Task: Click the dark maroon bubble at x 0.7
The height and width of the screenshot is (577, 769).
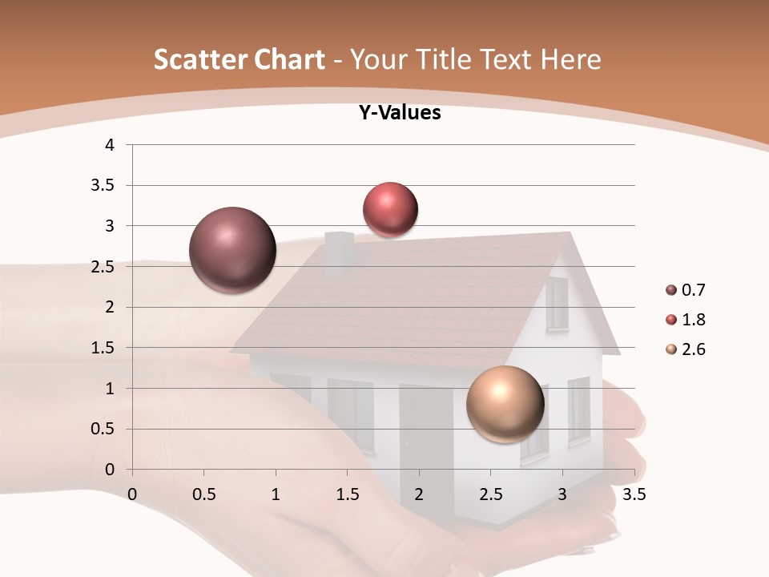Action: pyautogui.click(x=232, y=250)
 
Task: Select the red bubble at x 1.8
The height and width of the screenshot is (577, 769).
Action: pyautogui.click(x=390, y=210)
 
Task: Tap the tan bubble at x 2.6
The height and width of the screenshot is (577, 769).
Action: pyautogui.click(x=505, y=404)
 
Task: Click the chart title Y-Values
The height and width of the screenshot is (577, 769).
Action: pyautogui.click(x=399, y=113)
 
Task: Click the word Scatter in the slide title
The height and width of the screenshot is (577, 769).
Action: pyautogui.click(x=201, y=59)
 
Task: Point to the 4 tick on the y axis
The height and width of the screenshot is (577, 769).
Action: pyautogui.click(x=110, y=145)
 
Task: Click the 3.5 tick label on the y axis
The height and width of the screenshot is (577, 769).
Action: pyautogui.click(x=104, y=186)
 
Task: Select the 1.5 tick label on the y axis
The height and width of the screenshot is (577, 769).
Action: pyautogui.click(x=104, y=348)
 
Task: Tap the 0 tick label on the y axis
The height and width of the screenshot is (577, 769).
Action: pyautogui.click(x=110, y=470)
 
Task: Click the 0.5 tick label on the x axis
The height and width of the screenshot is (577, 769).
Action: pyautogui.click(x=203, y=494)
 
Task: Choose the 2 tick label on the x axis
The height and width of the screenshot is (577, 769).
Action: pyautogui.click(x=419, y=494)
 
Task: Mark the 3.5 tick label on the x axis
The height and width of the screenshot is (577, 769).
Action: pyautogui.click(x=634, y=494)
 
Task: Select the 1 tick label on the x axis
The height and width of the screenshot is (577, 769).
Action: pyautogui.click(x=276, y=494)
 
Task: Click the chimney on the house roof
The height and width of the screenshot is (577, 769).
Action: pyautogui.click(x=339, y=252)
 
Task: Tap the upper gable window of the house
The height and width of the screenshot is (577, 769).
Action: pyautogui.click(x=557, y=304)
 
